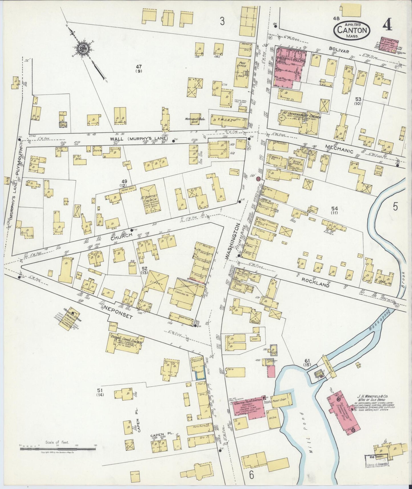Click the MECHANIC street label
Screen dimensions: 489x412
tap(339, 148)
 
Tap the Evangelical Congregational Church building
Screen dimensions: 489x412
tap(124, 343)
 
